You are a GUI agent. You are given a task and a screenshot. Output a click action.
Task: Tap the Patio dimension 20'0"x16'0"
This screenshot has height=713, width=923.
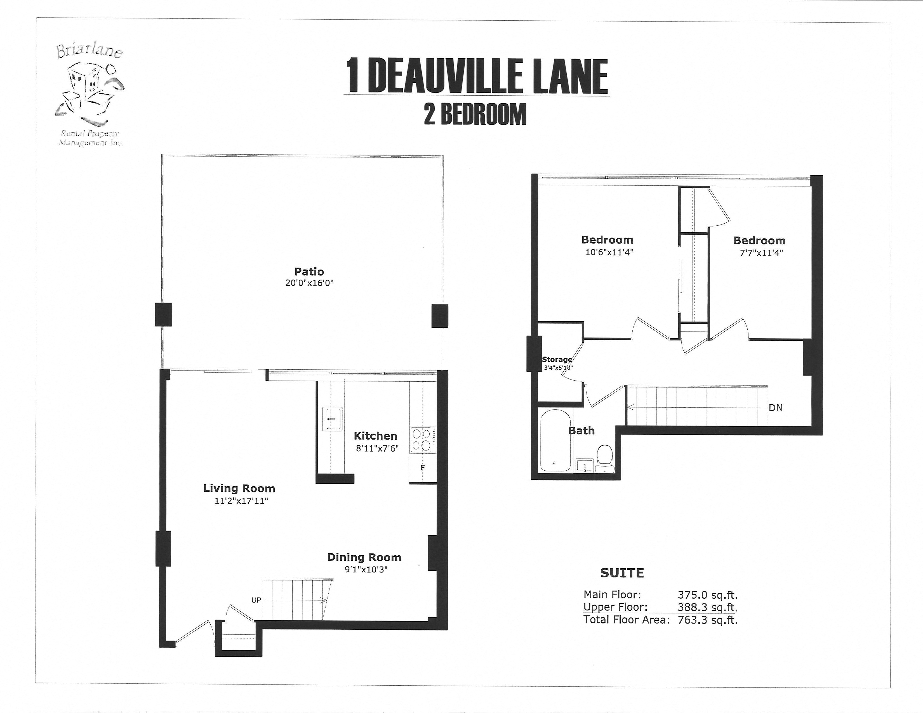(309, 283)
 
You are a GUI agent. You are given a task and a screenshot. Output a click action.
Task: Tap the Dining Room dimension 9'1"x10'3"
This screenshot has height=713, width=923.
(366, 569)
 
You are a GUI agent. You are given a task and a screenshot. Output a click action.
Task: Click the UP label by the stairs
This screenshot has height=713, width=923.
(256, 600)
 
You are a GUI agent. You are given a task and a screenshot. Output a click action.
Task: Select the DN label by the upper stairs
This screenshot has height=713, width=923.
(776, 408)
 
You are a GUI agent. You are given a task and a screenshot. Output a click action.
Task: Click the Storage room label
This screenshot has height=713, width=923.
(557, 360)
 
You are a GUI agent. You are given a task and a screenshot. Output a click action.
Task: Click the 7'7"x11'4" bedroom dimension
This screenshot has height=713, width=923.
(759, 253)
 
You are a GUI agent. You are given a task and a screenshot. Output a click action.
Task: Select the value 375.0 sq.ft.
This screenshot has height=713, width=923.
(707, 595)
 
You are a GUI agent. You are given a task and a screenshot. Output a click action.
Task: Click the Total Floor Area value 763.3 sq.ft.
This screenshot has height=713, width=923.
(707, 620)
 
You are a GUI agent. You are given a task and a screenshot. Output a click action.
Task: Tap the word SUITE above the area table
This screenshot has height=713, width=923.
(622, 573)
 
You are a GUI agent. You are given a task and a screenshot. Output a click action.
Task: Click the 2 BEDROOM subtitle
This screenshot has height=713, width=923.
(475, 114)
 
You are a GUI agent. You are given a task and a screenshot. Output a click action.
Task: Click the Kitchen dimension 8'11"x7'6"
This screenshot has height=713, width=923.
(377, 448)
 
